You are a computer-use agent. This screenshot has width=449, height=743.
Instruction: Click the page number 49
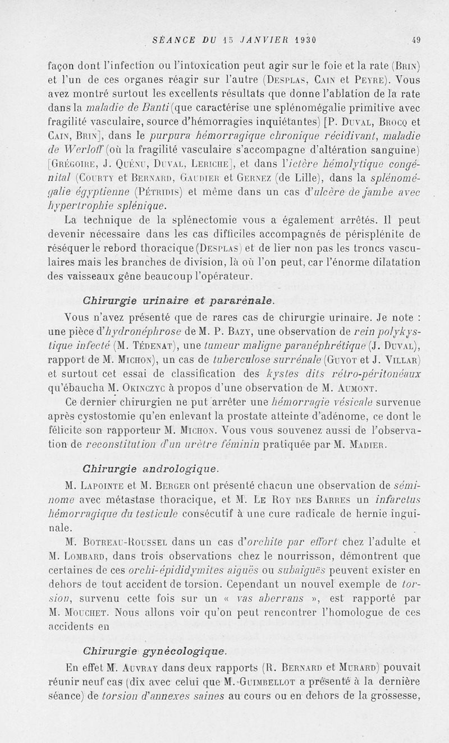click(415, 40)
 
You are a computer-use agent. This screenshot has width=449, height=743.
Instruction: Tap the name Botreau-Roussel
click(124, 542)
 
